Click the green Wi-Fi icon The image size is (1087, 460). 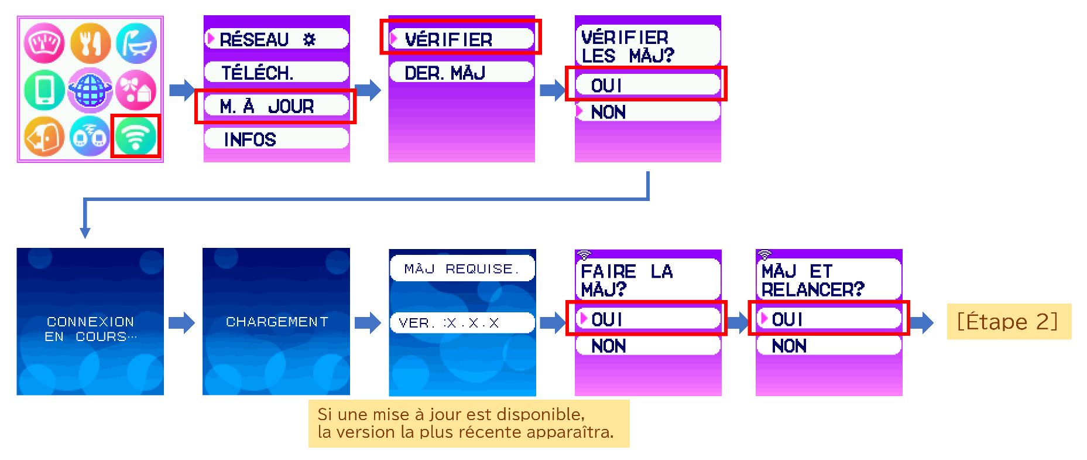[136, 136]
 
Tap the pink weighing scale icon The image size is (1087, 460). [44, 43]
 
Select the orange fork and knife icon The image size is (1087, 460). [90, 43]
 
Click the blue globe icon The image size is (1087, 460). [90, 90]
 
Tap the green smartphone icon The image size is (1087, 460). [44, 90]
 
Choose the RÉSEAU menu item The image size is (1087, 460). [277, 39]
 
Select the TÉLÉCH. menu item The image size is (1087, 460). [277, 73]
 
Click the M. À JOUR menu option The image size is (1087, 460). [277, 106]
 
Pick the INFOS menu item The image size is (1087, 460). [277, 139]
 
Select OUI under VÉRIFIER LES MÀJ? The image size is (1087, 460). [648, 85]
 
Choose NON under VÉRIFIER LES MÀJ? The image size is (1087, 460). [648, 111]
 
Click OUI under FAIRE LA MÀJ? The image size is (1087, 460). [648, 319]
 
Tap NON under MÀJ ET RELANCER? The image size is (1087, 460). [829, 345]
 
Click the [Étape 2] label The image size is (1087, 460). [1009, 322]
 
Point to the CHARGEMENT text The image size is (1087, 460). [277, 322]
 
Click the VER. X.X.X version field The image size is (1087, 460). [462, 323]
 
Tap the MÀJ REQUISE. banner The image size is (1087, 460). [462, 268]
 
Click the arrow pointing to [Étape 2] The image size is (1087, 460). [922, 322]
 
